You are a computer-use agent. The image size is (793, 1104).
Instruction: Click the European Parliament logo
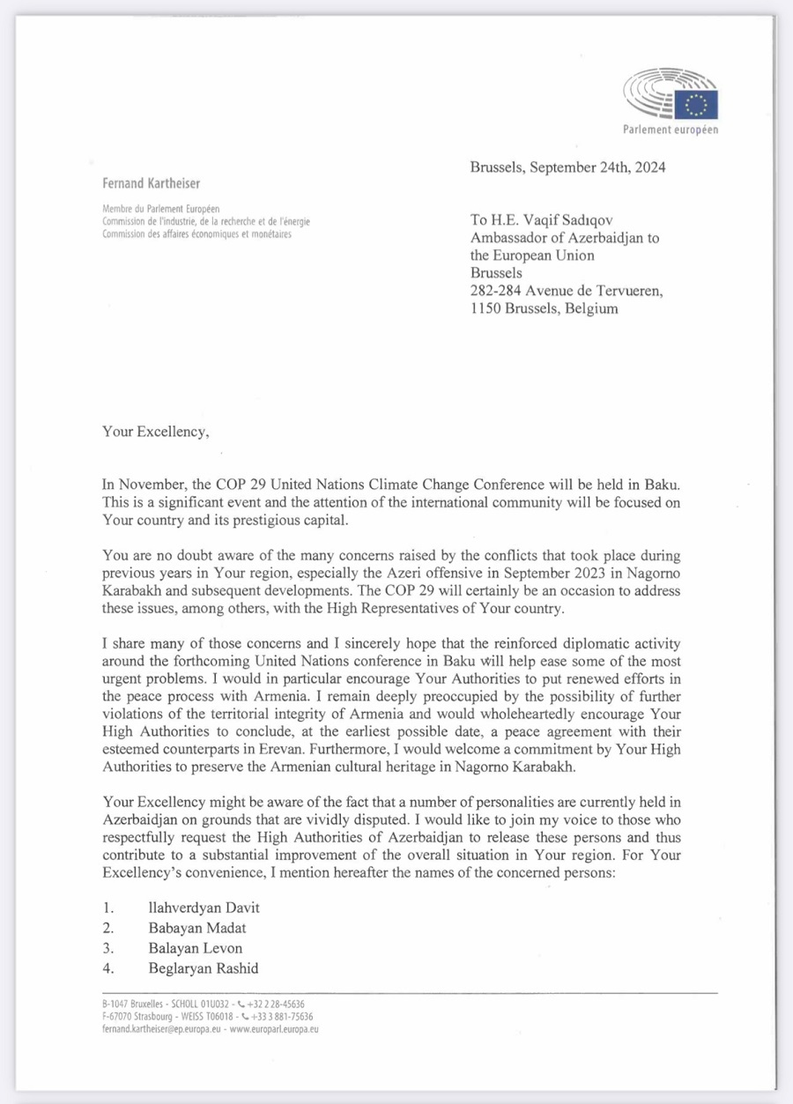coord(671,97)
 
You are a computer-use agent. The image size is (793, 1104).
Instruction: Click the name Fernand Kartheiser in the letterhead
coord(150,184)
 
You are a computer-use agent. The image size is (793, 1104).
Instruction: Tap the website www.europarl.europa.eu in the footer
coord(274,1028)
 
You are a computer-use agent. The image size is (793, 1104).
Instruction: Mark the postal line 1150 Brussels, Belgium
coord(545,309)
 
